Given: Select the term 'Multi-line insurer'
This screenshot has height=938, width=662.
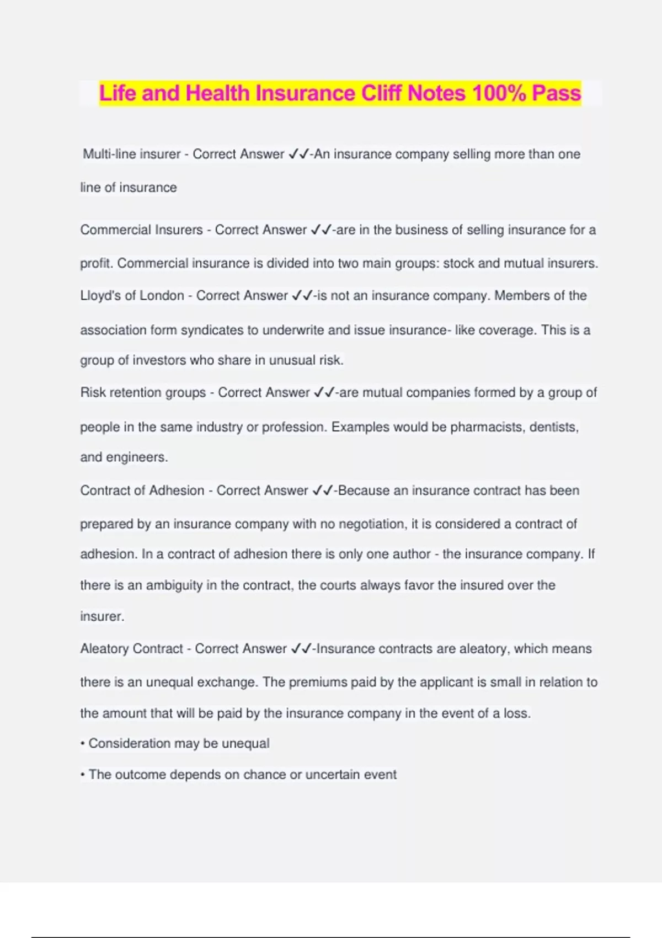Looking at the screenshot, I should coord(132,154).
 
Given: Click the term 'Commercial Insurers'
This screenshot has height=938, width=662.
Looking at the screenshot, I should coord(141,230).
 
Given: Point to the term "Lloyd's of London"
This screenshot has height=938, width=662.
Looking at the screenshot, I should coord(132,295).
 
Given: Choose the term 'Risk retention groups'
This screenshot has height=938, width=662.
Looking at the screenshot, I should coord(143,392).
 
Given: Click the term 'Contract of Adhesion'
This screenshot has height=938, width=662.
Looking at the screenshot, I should coord(142,490).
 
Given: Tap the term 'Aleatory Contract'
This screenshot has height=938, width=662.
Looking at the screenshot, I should coord(131,648).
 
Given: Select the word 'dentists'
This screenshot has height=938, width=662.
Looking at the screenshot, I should coord(554,427).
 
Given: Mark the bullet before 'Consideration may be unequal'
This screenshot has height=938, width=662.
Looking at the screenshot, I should coord(83,744).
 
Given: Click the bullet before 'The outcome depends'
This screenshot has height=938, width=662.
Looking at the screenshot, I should coord(83,775).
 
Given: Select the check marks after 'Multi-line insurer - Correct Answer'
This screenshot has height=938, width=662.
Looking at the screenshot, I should coord(298,154).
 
